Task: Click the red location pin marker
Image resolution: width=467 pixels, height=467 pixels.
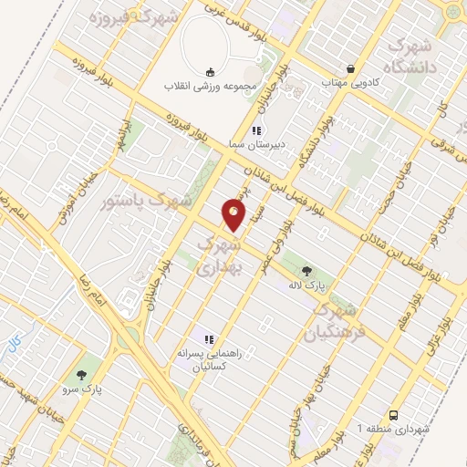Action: tap(233, 215)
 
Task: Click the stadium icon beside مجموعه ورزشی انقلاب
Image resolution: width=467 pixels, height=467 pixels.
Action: tap(211, 71)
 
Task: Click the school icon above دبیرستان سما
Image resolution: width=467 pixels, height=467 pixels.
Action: tap(257, 130)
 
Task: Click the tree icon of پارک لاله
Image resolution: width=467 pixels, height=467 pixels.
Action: tap(306, 270)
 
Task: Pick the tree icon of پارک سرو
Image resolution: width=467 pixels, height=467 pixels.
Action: tap(83, 374)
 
